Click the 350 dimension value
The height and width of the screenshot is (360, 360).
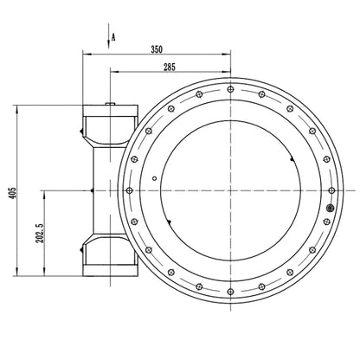(157, 49)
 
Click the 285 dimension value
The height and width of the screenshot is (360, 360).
(170, 67)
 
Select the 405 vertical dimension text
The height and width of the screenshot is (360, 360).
(12, 193)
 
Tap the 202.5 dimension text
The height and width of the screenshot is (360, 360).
(40, 233)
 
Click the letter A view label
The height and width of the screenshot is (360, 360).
(113, 37)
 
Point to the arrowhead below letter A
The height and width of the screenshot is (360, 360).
(108, 44)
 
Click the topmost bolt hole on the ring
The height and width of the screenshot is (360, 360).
(230, 89)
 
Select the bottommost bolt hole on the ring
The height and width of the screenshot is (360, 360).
(230, 292)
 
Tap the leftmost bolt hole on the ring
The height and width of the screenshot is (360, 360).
(130, 190)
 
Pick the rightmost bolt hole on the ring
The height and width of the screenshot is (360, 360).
(332, 190)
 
